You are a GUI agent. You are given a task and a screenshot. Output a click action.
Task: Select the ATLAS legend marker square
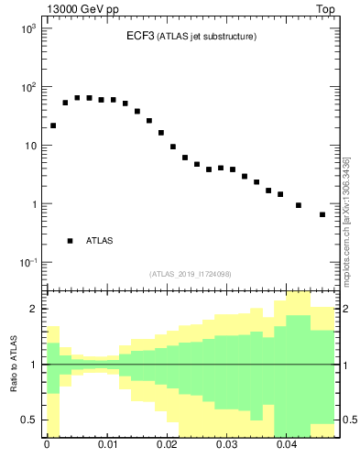(70, 241)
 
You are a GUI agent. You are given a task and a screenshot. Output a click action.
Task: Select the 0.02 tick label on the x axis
(166, 450)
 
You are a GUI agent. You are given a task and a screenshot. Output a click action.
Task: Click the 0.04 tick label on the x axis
(286, 450)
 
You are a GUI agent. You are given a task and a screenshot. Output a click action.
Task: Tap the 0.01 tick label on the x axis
(106, 450)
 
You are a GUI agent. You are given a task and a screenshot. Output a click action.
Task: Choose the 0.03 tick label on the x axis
(226, 450)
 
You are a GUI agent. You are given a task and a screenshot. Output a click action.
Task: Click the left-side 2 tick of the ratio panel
(34, 310)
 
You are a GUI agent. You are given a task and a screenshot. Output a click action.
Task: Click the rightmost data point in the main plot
(322, 214)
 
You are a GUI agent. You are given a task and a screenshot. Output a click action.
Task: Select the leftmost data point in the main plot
(53, 125)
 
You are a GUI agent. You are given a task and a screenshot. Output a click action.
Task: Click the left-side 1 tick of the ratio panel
(34, 365)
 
